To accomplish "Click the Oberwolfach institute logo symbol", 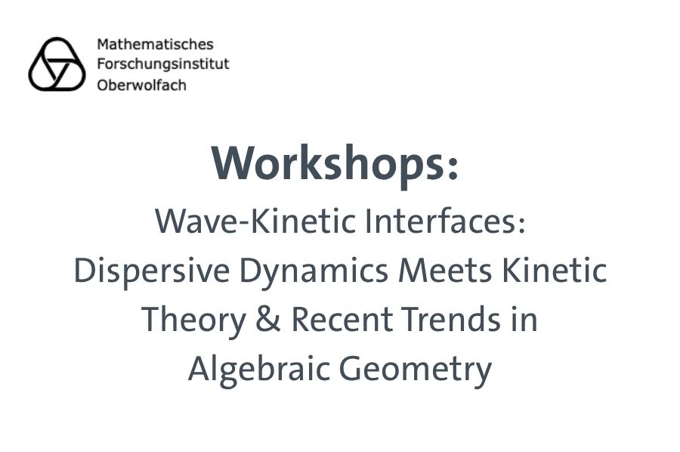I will pos(57,64).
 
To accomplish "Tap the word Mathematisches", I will pos(155,45).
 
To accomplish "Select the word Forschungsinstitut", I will pos(162,64).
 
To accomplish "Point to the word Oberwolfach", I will pos(141,84).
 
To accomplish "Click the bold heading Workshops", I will pos(328,163).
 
